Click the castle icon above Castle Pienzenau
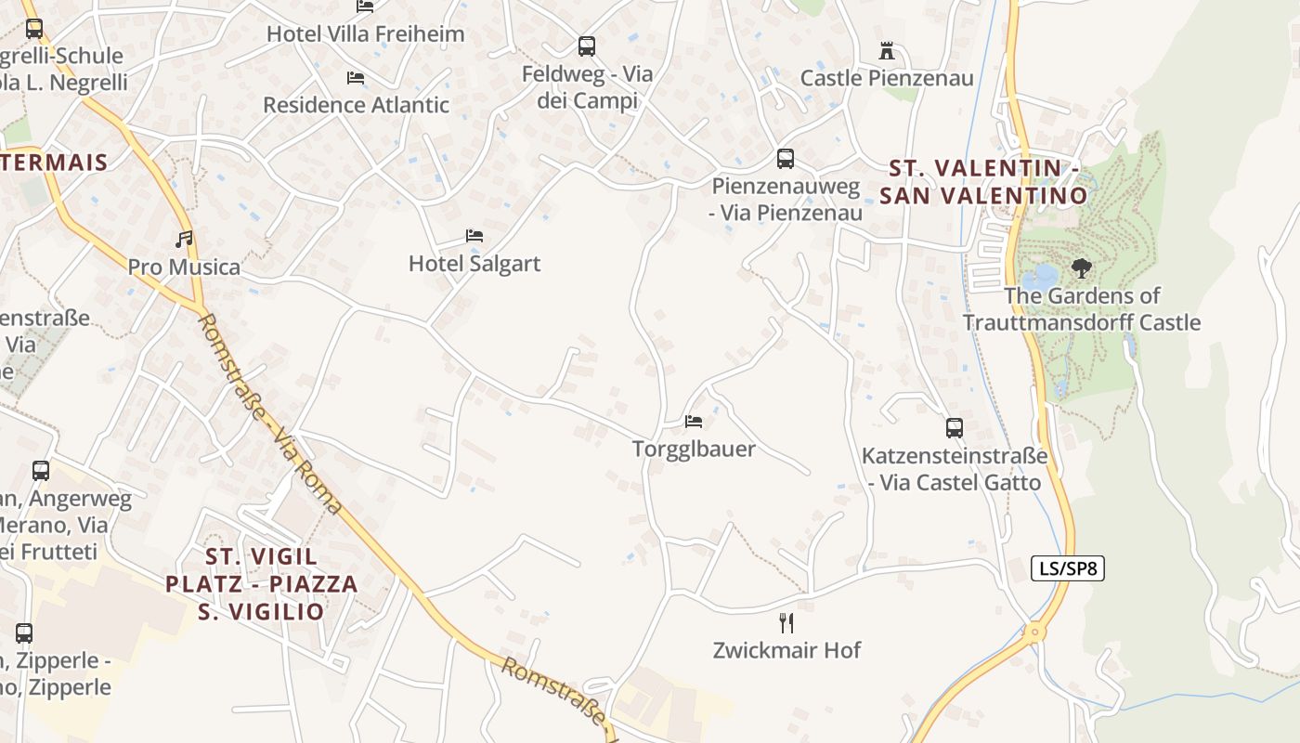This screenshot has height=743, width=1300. pyautogui.click(x=887, y=50)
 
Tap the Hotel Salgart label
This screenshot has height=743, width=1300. pyautogui.click(x=474, y=264)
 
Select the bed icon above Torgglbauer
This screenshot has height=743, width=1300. pyautogui.click(x=694, y=422)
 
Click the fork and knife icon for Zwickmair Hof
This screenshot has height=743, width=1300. pyautogui.click(x=786, y=622)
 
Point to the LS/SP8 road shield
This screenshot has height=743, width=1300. pyautogui.click(x=1068, y=568)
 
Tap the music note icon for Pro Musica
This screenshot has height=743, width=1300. pyautogui.click(x=185, y=240)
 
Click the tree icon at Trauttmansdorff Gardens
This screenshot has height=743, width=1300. pyautogui.click(x=1081, y=268)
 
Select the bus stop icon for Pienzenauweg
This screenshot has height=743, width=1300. pyautogui.click(x=786, y=159)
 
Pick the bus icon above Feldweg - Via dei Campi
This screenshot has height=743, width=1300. pyautogui.click(x=587, y=46)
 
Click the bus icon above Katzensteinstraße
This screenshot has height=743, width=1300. pyautogui.click(x=955, y=428)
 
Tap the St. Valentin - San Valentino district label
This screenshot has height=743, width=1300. pyautogui.click(x=983, y=182)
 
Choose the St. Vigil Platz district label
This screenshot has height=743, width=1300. pyautogui.click(x=261, y=583)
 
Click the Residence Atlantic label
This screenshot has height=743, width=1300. pyautogui.click(x=356, y=105)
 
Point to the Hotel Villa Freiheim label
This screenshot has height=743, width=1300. pyautogui.click(x=365, y=34)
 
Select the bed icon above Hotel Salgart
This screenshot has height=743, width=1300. pyautogui.click(x=474, y=236)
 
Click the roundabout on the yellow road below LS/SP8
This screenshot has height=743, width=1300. pyautogui.click(x=1033, y=632)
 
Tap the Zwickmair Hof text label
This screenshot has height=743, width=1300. pyautogui.click(x=786, y=650)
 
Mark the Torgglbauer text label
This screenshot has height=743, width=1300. pyautogui.click(x=694, y=450)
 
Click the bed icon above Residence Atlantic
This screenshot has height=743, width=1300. pyautogui.click(x=355, y=78)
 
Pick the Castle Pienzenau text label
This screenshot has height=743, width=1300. pyautogui.click(x=887, y=78)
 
